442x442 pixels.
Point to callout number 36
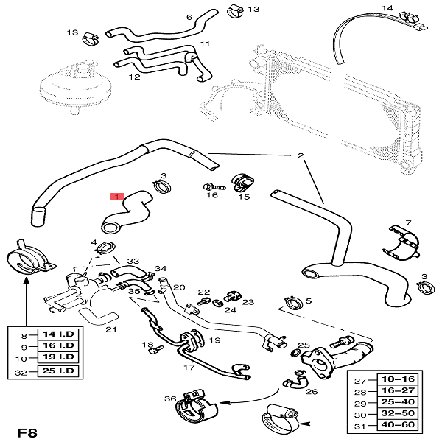(169, 399)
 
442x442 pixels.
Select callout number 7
(408, 222)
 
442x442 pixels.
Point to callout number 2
(300, 156)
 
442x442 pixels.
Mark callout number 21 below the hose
(110, 329)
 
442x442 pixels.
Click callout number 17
(189, 366)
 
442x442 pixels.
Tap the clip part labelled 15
(242, 181)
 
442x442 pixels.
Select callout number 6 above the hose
(189, 17)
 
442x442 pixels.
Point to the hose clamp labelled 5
(292, 303)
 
